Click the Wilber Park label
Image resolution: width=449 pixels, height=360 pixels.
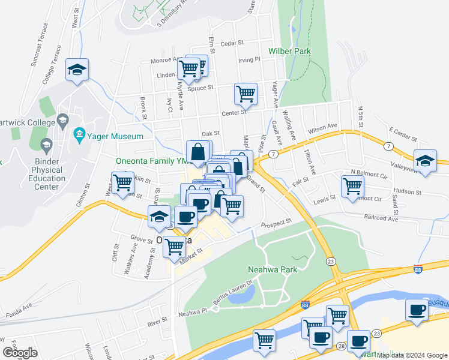point(290,52)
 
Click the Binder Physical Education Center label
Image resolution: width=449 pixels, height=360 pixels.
point(42,174)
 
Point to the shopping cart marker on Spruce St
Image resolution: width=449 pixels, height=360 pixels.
point(246,94)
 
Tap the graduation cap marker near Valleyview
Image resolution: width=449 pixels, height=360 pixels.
point(425,161)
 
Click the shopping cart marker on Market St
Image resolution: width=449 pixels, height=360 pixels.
point(175,245)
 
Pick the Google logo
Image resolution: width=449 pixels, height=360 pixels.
point(19,353)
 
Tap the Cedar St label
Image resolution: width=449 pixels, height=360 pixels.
point(231,43)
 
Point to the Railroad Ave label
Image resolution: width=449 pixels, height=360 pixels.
point(384,220)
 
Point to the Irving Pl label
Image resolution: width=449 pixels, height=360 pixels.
point(249,60)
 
